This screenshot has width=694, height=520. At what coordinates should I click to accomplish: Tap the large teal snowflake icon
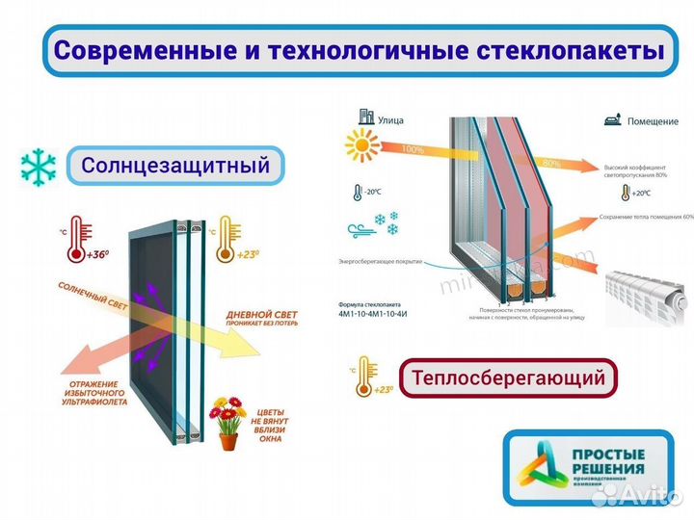coord(38,166)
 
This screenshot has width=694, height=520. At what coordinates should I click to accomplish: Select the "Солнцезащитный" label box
coord(174,166)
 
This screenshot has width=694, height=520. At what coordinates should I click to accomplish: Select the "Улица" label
coord(391,120)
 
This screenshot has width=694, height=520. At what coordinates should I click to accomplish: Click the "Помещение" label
coord(651,121)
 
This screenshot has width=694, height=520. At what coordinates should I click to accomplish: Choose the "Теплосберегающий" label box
coord(507,377)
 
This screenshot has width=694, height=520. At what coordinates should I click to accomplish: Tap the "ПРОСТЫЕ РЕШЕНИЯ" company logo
coord(588,467)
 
